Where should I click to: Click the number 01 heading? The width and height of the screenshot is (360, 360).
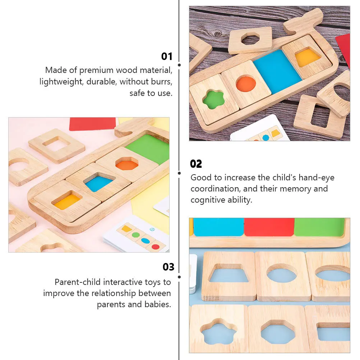167,56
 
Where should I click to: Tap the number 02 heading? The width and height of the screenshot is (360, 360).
196,164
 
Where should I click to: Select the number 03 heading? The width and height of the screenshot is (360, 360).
169,267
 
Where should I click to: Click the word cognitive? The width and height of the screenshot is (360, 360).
207,200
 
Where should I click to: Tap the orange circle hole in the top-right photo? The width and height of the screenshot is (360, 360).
246,83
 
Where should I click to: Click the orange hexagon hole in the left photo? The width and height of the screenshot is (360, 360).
127,164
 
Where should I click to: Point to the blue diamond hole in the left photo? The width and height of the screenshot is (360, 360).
99,183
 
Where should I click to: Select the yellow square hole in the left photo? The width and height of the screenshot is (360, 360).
67,201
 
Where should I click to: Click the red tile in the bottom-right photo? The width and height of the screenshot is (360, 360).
269,227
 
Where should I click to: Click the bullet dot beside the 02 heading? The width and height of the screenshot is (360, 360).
179,173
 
